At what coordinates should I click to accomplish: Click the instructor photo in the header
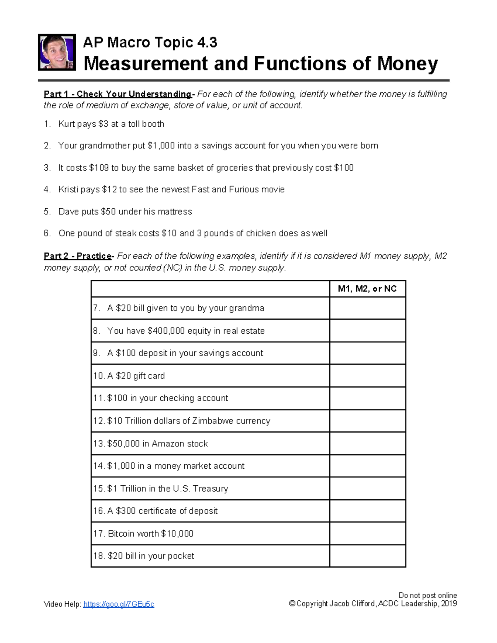coord(57,53)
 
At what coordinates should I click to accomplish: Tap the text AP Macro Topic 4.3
coord(150,42)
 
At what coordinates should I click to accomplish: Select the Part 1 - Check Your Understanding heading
coord(118,94)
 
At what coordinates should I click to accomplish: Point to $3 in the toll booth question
coord(104,124)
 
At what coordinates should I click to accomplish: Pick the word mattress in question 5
coord(175,212)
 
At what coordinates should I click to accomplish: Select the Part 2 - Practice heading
coord(78,256)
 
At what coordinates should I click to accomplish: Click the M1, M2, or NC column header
coord(367,289)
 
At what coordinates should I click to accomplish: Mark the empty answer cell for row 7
coord(367,308)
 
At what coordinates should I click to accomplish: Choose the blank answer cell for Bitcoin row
coord(367,533)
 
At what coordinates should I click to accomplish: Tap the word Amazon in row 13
coord(168,443)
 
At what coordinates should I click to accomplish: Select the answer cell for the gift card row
coord(367,376)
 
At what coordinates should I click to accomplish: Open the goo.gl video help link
coord(118,604)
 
